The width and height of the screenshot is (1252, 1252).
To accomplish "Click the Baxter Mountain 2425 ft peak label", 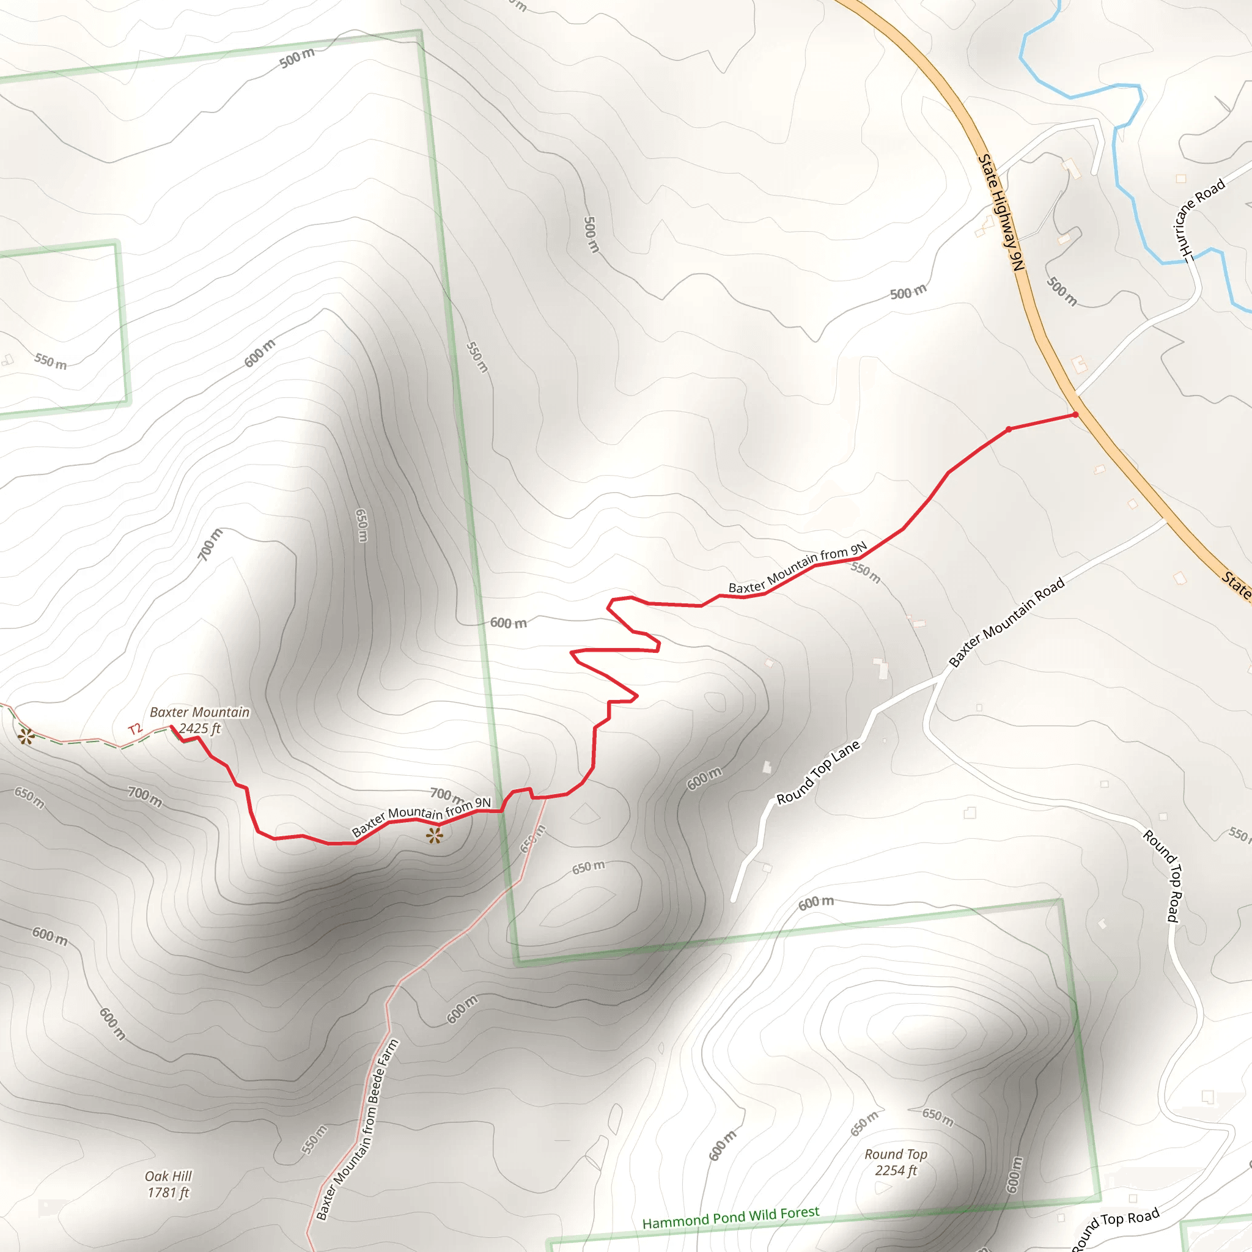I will click(x=199, y=720).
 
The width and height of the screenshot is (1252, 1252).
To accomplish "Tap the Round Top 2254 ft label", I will click(x=896, y=1162).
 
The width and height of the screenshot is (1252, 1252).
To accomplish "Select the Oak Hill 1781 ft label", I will click(x=169, y=1184).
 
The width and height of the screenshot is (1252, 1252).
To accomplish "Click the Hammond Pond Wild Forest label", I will click(x=731, y=1218).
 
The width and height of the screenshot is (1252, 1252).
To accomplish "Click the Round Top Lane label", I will click(x=818, y=772).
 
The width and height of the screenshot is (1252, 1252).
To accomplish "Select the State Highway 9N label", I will click(x=1001, y=213).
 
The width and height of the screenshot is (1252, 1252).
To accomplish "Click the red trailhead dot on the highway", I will click(x=1075, y=414).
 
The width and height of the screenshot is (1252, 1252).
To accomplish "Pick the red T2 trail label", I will click(x=134, y=730).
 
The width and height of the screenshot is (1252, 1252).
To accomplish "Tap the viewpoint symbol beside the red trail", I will click(x=435, y=836).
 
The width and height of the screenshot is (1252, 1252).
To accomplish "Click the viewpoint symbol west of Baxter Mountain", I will click(x=26, y=736).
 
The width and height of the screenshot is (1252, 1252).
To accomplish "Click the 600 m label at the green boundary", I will click(x=508, y=623).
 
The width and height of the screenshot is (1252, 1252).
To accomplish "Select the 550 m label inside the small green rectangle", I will click(x=51, y=361).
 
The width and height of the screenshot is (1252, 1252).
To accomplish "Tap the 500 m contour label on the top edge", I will click(x=296, y=58).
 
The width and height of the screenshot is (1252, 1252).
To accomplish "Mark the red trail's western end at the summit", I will click(x=172, y=727).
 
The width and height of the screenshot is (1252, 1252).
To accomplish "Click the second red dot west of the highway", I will click(x=1008, y=429).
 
